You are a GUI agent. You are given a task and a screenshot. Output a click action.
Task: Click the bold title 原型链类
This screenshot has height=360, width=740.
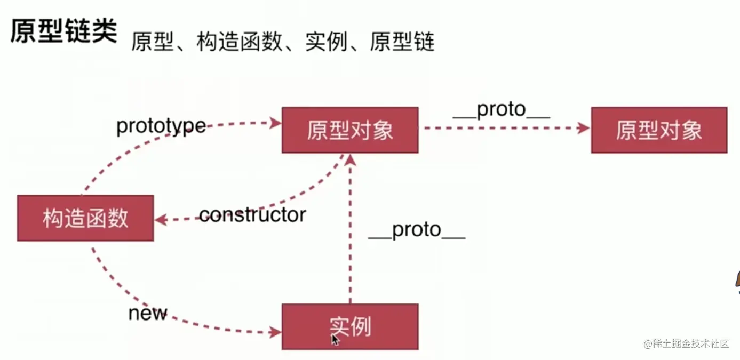coord(63,32)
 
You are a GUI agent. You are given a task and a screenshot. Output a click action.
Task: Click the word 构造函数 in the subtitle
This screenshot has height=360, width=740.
coord(239,42)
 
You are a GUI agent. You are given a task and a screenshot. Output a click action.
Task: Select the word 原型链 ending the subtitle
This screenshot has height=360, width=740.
coord(402,42)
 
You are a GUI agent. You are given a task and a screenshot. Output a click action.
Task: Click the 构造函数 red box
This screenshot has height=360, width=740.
coord(85,218)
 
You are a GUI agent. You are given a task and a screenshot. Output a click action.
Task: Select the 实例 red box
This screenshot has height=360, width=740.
coord(349,326)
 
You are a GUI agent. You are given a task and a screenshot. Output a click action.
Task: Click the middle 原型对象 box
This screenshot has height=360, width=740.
coord(349,130)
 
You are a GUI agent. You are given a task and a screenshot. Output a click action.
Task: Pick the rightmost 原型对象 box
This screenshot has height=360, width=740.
coord(659,130)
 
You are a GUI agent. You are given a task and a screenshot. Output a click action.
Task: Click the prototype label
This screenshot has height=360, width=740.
coord(161,126)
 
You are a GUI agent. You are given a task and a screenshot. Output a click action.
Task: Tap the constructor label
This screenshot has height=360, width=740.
coord(252,214)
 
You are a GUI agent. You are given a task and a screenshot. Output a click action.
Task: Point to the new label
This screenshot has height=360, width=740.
coord(148,313)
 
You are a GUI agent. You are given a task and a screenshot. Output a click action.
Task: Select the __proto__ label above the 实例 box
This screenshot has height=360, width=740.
coord(417,230)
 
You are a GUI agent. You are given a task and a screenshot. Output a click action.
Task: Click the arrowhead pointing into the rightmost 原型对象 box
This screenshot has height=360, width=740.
coord(584,128)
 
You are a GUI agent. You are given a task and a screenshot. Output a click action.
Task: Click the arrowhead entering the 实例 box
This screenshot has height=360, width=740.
coord(276,332)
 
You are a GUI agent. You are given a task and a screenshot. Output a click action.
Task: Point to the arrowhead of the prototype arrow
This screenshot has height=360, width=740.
coord(276,123)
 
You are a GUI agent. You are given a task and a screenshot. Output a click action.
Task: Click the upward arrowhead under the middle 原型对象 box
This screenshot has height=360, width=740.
coord(350,159)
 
